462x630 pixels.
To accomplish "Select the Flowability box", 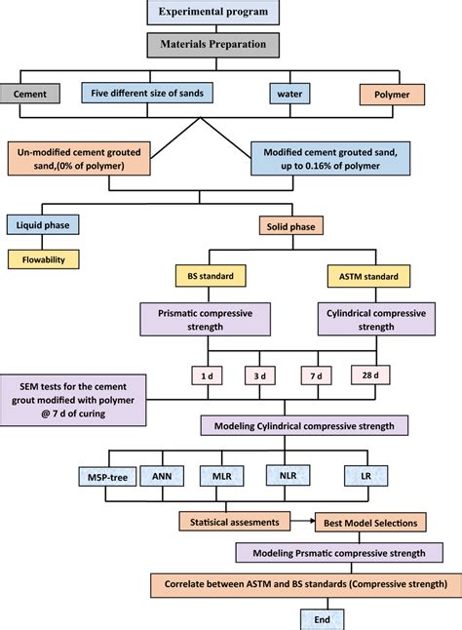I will [44, 260].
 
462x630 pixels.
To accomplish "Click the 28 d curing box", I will [370, 375].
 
